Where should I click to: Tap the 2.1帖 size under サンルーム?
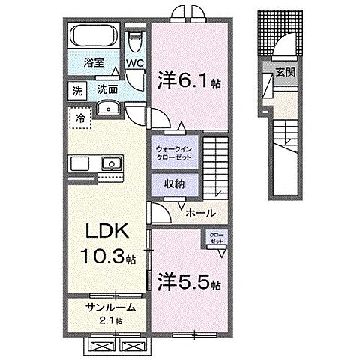pyautogui.click(x=109, y=321)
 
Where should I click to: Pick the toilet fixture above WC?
pyautogui.click(x=135, y=37)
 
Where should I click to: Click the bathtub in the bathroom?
pyautogui.click(x=93, y=36)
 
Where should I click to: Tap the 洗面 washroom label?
pyautogui.click(x=106, y=89)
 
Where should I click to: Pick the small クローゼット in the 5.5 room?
pyautogui.click(x=214, y=238)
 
